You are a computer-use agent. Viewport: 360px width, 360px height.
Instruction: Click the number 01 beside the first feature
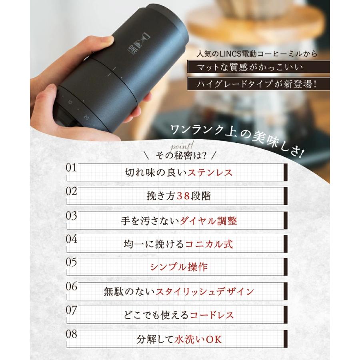coord(71,168)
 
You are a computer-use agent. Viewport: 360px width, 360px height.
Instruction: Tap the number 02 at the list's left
coord(71,191)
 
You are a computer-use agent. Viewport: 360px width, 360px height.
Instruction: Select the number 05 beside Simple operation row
coord(71,263)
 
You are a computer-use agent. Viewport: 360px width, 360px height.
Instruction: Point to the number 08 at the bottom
coord(71,334)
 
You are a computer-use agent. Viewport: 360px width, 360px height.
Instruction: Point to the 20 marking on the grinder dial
coord(86,118)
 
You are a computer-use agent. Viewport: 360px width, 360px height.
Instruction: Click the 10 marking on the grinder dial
coord(70,102)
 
